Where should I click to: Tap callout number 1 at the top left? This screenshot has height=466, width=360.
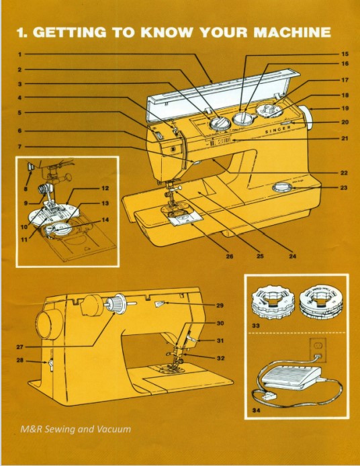point(20,54)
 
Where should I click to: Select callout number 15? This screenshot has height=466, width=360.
point(345,54)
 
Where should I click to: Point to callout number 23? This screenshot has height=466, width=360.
point(345,187)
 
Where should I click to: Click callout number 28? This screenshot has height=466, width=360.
point(20,361)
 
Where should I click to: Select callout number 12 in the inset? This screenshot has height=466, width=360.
point(105,189)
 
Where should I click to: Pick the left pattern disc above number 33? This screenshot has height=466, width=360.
point(271,301)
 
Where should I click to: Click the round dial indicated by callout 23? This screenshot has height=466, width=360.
point(283,188)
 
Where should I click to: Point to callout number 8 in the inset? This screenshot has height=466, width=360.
point(26,178)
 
